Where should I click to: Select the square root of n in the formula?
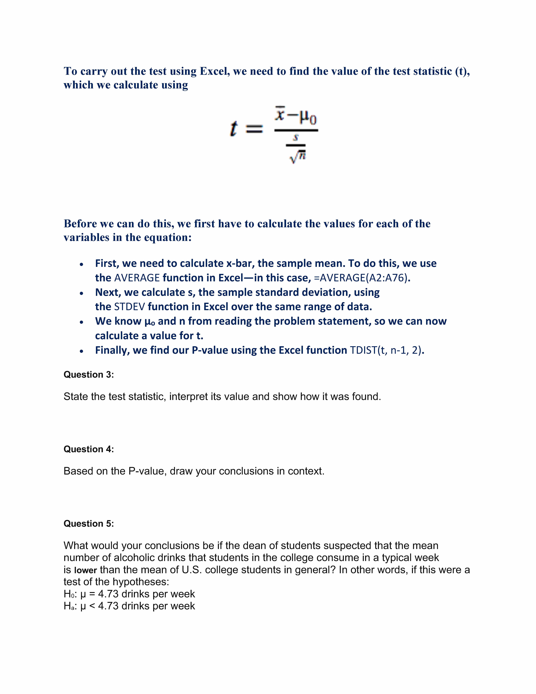[x=298, y=157]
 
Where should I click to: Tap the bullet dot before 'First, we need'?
[x=82, y=264]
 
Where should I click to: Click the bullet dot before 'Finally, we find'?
[x=82, y=351]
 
